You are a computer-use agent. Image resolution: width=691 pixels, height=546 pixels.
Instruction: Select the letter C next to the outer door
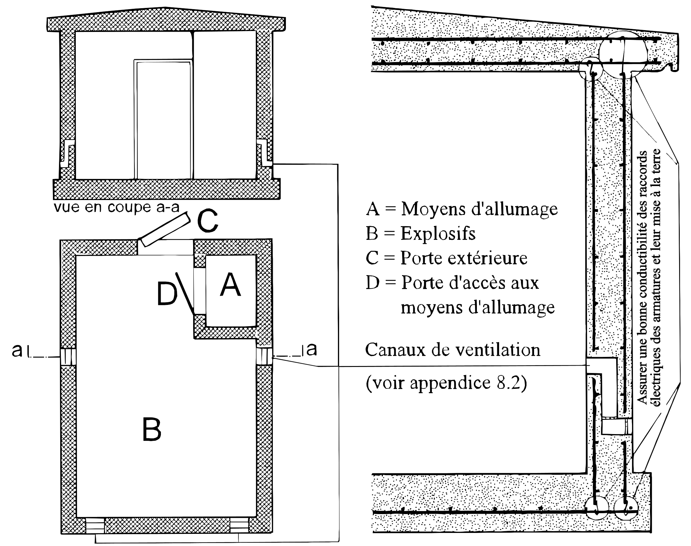[x=207, y=221]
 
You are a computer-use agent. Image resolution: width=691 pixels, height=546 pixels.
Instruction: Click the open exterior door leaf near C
[x=164, y=230]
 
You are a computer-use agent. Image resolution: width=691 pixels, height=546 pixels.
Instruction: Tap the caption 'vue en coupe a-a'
[x=117, y=207]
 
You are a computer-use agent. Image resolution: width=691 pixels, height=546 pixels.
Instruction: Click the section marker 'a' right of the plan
[x=311, y=349]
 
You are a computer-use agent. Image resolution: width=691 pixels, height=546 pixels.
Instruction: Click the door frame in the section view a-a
[x=163, y=119]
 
